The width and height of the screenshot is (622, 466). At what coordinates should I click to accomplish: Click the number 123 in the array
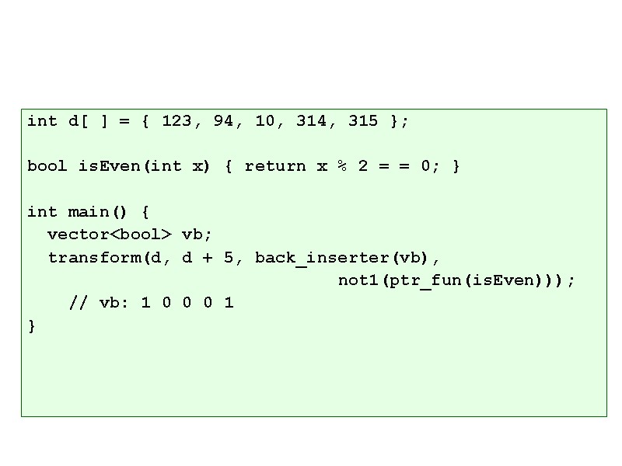[176, 121]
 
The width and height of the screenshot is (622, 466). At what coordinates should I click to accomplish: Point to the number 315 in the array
[363, 121]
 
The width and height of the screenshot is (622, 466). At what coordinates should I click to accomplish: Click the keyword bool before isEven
[47, 166]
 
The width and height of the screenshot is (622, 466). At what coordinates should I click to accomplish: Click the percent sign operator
[342, 166]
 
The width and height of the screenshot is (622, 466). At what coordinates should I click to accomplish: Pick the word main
[89, 212]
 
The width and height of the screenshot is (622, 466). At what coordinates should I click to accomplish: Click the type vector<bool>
[110, 235]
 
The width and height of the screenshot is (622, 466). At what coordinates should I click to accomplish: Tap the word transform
[94, 257]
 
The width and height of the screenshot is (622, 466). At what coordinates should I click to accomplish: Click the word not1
[358, 280]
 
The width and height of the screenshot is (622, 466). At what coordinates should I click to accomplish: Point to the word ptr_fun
[421, 280]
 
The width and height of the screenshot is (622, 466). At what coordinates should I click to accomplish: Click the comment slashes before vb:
[79, 303]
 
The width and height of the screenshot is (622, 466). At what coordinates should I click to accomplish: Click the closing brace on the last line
[32, 326]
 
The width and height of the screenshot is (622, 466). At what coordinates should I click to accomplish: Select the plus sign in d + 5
[208, 258]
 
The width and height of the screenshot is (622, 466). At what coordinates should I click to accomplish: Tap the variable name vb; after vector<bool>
[197, 235]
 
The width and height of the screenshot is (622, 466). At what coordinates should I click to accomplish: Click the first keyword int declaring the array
[42, 121]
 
